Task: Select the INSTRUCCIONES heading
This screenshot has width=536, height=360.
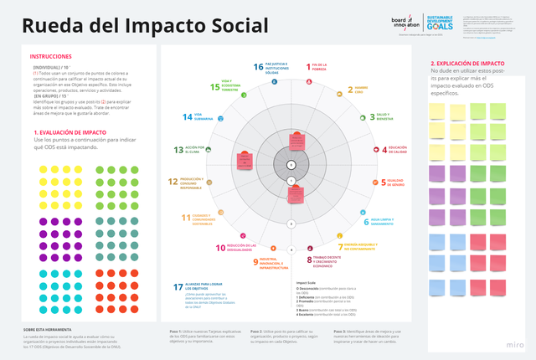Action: (49, 56)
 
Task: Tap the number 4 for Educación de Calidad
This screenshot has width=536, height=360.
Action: (373, 149)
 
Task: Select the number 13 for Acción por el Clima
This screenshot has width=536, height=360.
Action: (178, 150)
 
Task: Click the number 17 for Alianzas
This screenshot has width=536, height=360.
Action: (178, 287)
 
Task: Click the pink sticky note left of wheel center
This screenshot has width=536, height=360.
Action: (245, 160)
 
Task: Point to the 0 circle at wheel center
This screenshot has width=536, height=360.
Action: (291, 164)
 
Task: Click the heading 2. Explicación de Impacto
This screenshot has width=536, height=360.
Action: (467, 64)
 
